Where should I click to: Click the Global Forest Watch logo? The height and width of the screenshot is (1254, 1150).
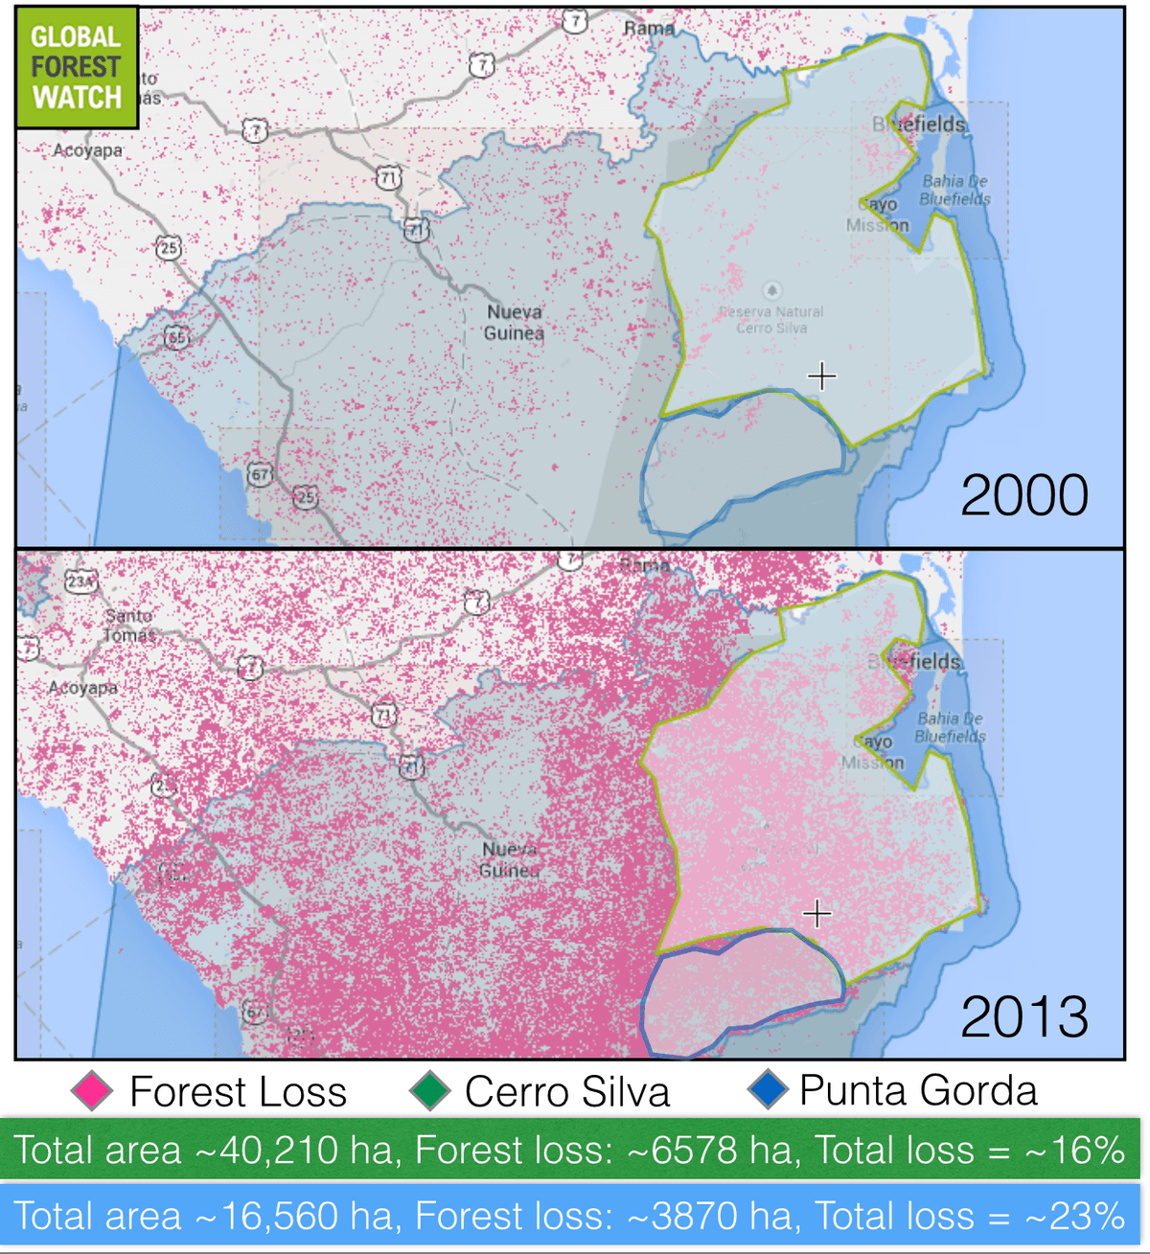click(77, 67)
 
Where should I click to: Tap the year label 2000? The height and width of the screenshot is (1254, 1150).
click(1023, 495)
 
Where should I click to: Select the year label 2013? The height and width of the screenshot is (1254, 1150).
click(1023, 1016)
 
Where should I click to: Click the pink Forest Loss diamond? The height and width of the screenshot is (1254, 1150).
click(92, 1092)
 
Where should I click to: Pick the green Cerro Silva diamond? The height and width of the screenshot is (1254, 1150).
click(429, 1092)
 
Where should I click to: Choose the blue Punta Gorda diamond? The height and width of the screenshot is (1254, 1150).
click(768, 1091)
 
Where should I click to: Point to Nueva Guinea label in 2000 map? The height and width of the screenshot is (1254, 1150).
click(514, 323)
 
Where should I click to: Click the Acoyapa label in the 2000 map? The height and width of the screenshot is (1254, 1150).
click(87, 150)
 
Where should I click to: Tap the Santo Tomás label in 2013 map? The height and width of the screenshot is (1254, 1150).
click(128, 625)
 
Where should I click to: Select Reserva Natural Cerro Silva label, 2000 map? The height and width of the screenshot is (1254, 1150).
click(771, 319)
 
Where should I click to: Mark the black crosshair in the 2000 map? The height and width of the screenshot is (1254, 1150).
click(821, 376)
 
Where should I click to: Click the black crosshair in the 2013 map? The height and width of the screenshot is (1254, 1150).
click(816, 914)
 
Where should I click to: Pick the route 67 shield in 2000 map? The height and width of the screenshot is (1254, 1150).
click(260, 474)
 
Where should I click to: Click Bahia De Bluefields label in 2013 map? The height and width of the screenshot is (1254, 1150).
click(950, 727)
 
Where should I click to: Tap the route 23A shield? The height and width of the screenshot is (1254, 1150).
click(80, 581)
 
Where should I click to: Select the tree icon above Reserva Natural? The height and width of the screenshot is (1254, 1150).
click(772, 290)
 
